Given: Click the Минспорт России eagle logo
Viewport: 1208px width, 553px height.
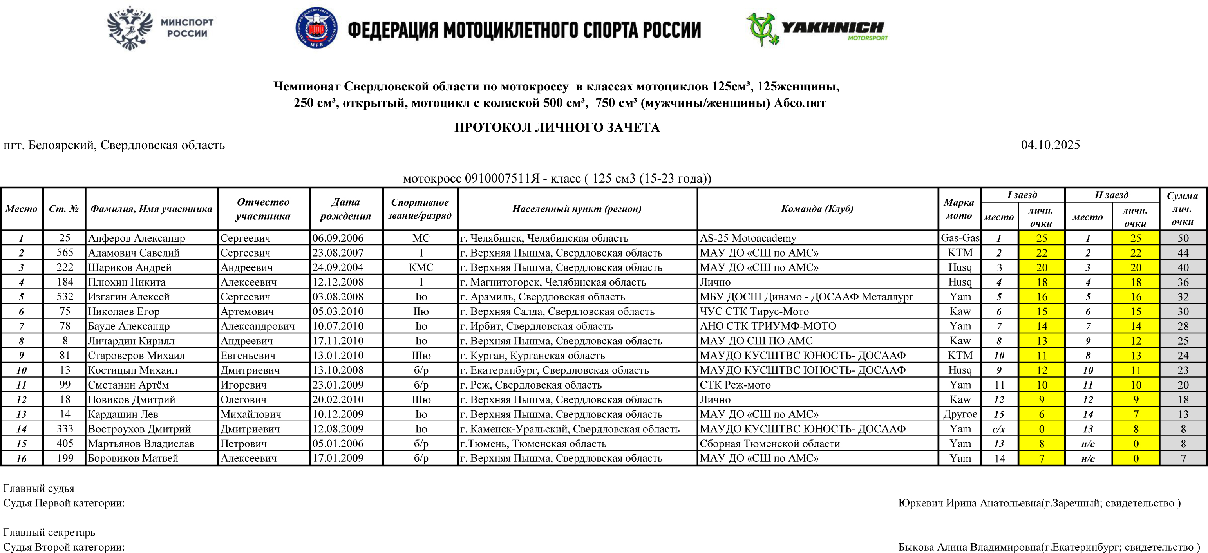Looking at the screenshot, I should pyautogui.click(x=130, y=28).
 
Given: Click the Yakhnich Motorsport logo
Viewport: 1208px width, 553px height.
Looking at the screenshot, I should pyautogui.click(x=817, y=29).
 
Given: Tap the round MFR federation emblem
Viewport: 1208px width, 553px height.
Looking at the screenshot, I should pyautogui.click(x=316, y=28).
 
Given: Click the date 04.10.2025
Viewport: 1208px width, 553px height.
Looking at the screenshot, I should pyautogui.click(x=1050, y=145).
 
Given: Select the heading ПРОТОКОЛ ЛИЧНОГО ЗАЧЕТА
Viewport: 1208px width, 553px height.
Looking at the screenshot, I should pyautogui.click(x=557, y=127).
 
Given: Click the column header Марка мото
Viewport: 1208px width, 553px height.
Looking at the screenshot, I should pyautogui.click(x=958, y=209).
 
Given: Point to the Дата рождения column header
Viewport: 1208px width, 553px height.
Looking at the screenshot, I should pyautogui.click(x=345, y=209).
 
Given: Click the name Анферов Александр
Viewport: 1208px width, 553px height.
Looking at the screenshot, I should pyautogui.click(x=136, y=238).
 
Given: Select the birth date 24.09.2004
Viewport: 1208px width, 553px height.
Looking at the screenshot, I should pyautogui.click(x=338, y=267).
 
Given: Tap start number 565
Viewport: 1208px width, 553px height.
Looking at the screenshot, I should pyautogui.click(x=65, y=252).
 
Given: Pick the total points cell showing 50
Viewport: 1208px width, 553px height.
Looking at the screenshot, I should pyautogui.click(x=1183, y=238).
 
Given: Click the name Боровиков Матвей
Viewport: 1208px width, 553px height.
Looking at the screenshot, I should pyautogui.click(x=133, y=458).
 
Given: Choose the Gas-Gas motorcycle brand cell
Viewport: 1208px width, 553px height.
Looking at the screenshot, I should pyautogui.click(x=959, y=238).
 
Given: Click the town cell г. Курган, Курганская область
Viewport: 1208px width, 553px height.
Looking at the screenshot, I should pyautogui.click(x=532, y=356).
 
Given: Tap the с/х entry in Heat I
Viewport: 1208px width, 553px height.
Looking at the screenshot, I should pyautogui.click(x=999, y=429).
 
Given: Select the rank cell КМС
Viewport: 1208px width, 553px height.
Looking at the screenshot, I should pyautogui.click(x=421, y=267).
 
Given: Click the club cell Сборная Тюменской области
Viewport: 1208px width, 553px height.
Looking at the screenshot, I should pyautogui.click(x=770, y=444).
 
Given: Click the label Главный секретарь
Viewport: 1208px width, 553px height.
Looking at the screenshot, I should pyautogui.click(x=49, y=532).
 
